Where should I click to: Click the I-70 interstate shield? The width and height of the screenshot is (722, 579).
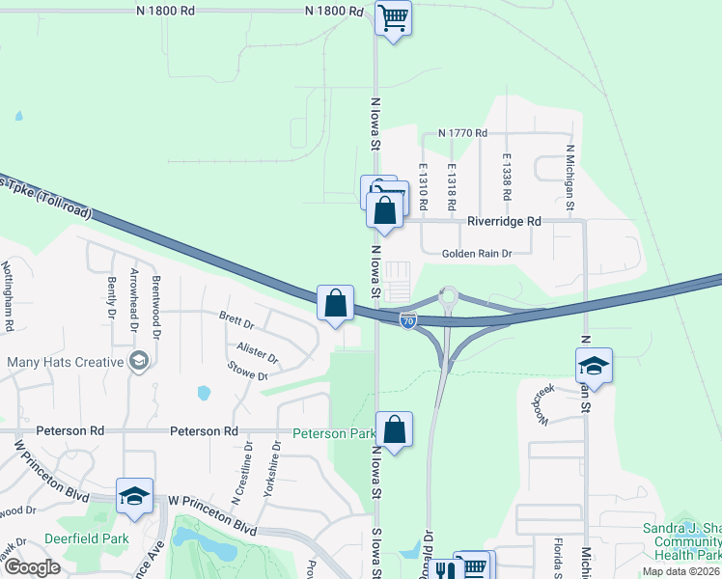pyautogui.click(x=408, y=320)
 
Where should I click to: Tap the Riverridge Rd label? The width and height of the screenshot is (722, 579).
pyautogui.click(x=504, y=221)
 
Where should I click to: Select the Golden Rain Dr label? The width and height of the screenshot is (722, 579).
pyautogui.click(x=475, y=254)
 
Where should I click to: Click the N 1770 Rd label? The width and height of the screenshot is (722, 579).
pyautogui.click(x=462, y=133)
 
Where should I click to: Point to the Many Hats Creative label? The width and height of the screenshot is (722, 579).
pyautogui.click(x=66, y=362)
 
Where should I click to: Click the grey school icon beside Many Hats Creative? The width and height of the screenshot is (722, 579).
pyautogui.click(x=139, y=362)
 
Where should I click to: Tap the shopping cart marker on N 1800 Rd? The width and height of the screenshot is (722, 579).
pyautogui.click(x=393, y=17)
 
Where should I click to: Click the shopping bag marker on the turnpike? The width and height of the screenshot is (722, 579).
pyautogui.click(x=335, y=302)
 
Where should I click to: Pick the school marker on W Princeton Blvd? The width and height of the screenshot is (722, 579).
pyautogui.click(x=134, y=496)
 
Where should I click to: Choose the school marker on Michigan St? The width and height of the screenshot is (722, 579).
pyautogui.click(x=594, y=366)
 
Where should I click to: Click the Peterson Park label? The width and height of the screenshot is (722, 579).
pyautogui.click(x=334, y=433)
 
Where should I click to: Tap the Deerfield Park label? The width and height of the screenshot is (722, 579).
pyautogui.click(x=87, y=538)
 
